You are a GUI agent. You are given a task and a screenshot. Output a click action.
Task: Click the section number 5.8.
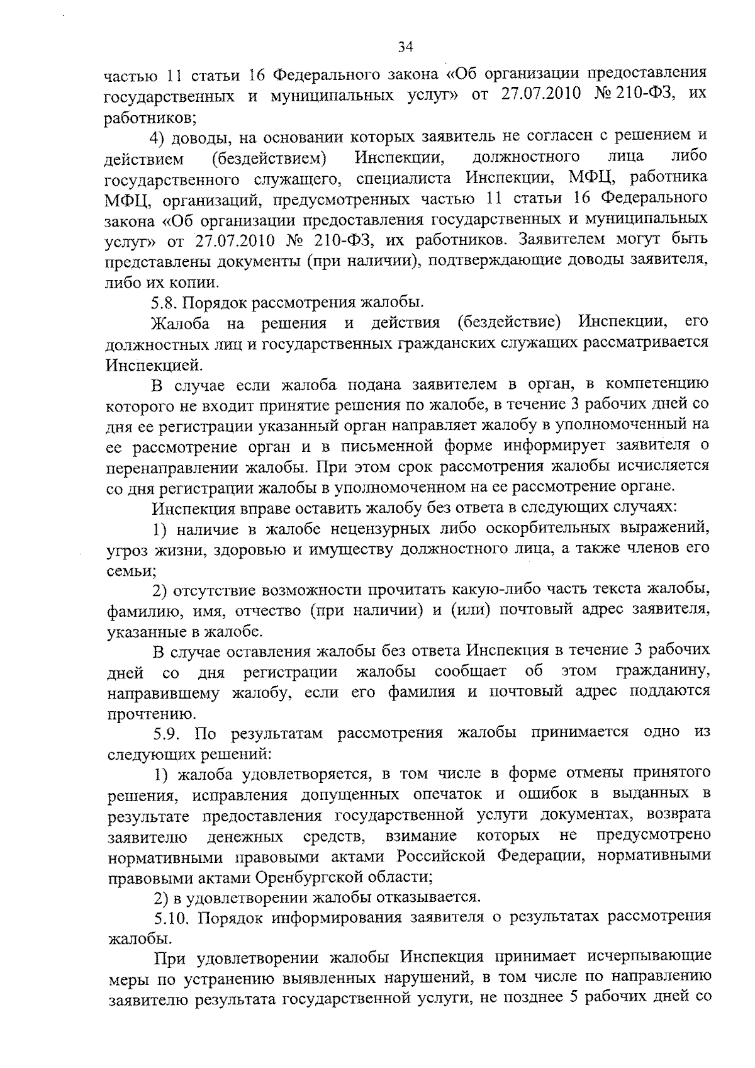(165, 303)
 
